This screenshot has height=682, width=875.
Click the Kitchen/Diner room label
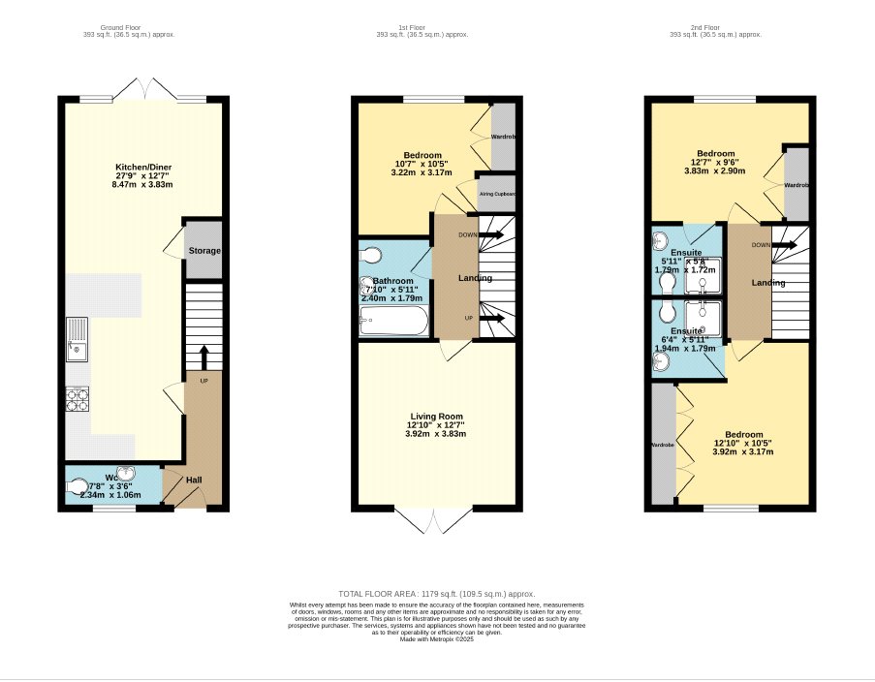pyautogui.click(x=142, y=167)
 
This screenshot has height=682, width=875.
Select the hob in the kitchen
pyautogui.click(x=77, y=398)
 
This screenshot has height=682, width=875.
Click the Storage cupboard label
pyautogui.click(x=203, y=251)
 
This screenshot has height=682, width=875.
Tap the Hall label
pyautogui.click(x=194, y=480)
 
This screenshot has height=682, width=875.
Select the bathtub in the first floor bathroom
pyautogui.click(x=393, y=323)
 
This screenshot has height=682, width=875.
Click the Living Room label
pyautogui.click(x=436, y=416)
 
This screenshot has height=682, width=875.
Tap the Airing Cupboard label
pyautogui.click(x=497, y=194)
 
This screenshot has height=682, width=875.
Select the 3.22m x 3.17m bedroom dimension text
pyautogui.click(x=422, y=172)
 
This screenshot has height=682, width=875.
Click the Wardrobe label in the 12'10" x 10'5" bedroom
pyautogui.click(x=661, y=446)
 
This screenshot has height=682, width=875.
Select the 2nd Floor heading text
pyautogui.click(x=716, y=28)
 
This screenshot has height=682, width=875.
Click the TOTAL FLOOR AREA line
pyautogui.click(x=436, y=594)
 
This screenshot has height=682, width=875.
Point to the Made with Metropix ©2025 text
pyautogui.click(x=436, y=639)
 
